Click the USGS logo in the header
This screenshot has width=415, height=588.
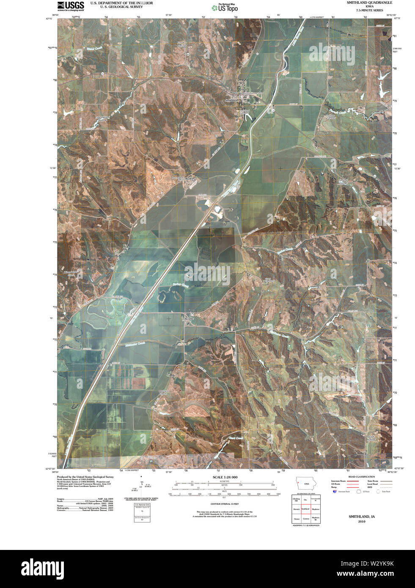[x=70, y=5]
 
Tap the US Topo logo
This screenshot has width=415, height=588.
[x=225, y=7]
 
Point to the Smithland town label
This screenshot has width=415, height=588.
[x=231, y=100]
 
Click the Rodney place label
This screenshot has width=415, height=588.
[x=190, y=179]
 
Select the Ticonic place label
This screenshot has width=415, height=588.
[x=188, y=319]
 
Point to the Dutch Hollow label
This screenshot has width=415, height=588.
[x=371, y=438]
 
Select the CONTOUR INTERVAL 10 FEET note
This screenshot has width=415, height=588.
[x=225, y=504]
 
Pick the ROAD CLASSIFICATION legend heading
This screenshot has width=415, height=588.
[x=359, y=477]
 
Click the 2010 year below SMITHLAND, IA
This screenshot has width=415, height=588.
[x=361, y=522]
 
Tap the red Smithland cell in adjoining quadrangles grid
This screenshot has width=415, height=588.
[x=305, y=509]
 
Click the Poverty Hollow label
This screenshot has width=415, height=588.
[x=343, y=182]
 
